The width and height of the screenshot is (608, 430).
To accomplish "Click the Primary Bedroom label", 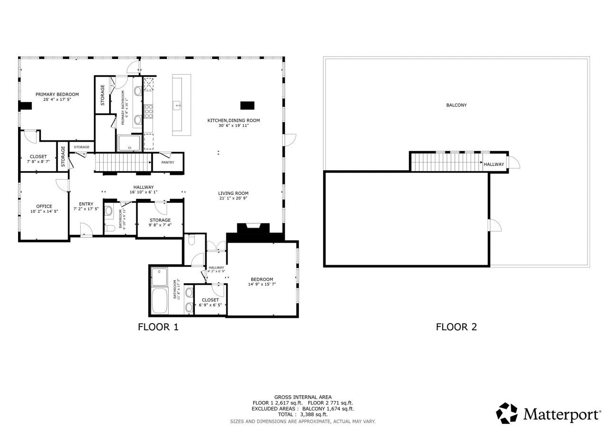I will coord(57,95).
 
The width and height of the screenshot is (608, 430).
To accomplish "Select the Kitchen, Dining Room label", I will coord(233,120).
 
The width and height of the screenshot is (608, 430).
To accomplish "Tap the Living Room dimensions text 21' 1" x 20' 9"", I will coord(233,198).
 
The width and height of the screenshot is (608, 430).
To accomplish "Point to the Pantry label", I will coord(168,162).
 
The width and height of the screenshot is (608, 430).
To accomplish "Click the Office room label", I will coord(44,206).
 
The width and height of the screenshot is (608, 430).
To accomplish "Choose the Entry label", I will coord(86,204).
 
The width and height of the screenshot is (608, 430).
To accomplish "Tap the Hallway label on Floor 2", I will coord(494,164).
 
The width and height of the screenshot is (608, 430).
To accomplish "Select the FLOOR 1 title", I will coord(158,327).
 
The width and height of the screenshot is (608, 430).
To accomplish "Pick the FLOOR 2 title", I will coord(456,327).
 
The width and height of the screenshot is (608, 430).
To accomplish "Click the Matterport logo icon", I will coord(507,413).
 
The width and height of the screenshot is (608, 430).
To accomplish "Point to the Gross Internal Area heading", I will coord(303,397).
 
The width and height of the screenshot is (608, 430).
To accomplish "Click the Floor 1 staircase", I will coord(123,162).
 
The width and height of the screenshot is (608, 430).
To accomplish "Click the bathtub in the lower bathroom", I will coord(159,301).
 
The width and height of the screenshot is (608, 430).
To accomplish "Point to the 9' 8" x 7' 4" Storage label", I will coord(160,220).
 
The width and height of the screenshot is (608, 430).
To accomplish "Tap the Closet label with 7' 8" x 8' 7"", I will coord(38,156).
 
